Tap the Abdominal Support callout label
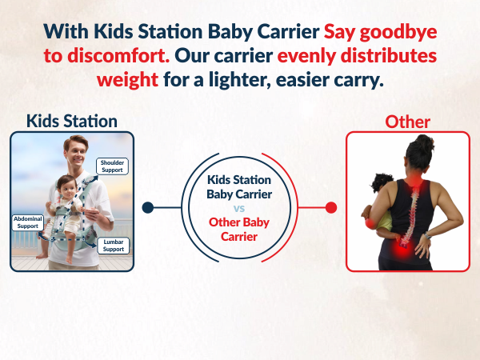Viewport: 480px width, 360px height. coord(27,222)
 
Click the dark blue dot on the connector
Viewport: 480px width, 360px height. coord(147,208)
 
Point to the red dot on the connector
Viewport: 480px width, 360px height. coord(331,208)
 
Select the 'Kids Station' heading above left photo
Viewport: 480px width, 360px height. coord(71,121)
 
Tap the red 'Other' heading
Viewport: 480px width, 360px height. coord(407,122)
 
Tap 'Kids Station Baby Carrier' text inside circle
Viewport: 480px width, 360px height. coord(239,186)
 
